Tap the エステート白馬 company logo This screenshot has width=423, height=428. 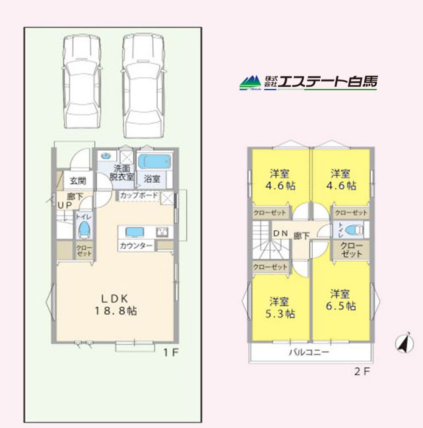click(x=308, y=82)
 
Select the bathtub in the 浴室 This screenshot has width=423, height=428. click(x=156, y=161)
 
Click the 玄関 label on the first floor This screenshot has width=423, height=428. click(x=78, y=181)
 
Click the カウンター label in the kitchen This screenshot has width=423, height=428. click(x=136, y=246)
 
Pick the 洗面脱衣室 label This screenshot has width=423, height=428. click(x=121, y=173)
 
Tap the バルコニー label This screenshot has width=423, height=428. click(x=309, y=352)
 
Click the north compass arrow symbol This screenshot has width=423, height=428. click(x=401, y=344)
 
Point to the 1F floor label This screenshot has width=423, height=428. click(x=171, y=352)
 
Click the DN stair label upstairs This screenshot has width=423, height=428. click(x=280, y=233)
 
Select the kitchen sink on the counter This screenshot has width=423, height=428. click(x=135, y=232)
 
